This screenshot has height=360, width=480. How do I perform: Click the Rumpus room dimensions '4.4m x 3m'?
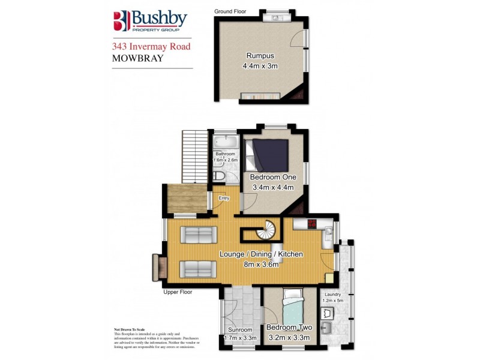click(x=260, y=66)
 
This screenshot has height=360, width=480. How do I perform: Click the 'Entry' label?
click(x=224, y=198)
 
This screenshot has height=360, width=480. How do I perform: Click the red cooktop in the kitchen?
click(x=312, y=224)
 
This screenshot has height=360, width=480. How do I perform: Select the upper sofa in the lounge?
click(x=199, y=235)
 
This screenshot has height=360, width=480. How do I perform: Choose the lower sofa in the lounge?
click(x=199, y=269)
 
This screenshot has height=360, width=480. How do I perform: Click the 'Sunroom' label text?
click(x=240, y=330)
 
